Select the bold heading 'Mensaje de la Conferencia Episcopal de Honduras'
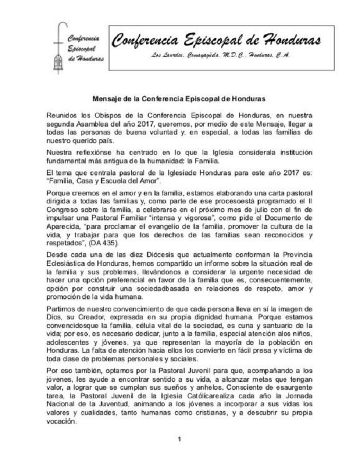click(179, 98)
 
